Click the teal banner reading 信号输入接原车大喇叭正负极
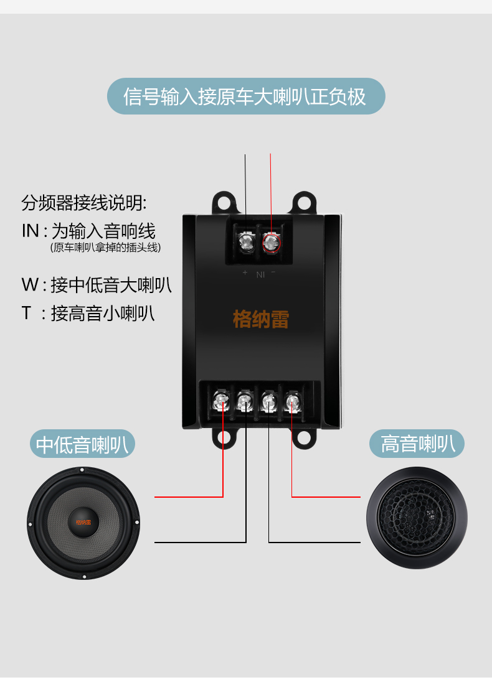pyautogui.click(x=246, y=96)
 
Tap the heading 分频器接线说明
pyautogui.click(x=84, y=203)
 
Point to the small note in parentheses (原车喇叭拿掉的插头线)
pyautogui.click(x=105, y=248)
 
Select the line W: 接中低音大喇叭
pyautogui.click(x=97, y=285)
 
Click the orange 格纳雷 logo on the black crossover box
pyautogui.click(x=261, y=320)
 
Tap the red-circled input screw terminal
pyautogui.click(x=272, y=241)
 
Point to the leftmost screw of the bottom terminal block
pyautogui.click(x=221, y=401)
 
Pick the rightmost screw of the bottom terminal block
pyautogui.click(x=291, y=401)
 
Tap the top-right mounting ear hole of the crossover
pyautogui.click(x=303, y=202)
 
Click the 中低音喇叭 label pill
pyautogui.click(x=82, y=445)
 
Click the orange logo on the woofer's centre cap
pyautogui.click(x=82, y=521)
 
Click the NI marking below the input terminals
pyautogui.click(x=261, y=274)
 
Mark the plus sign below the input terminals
pyautogui.click(x=245, y=273)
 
